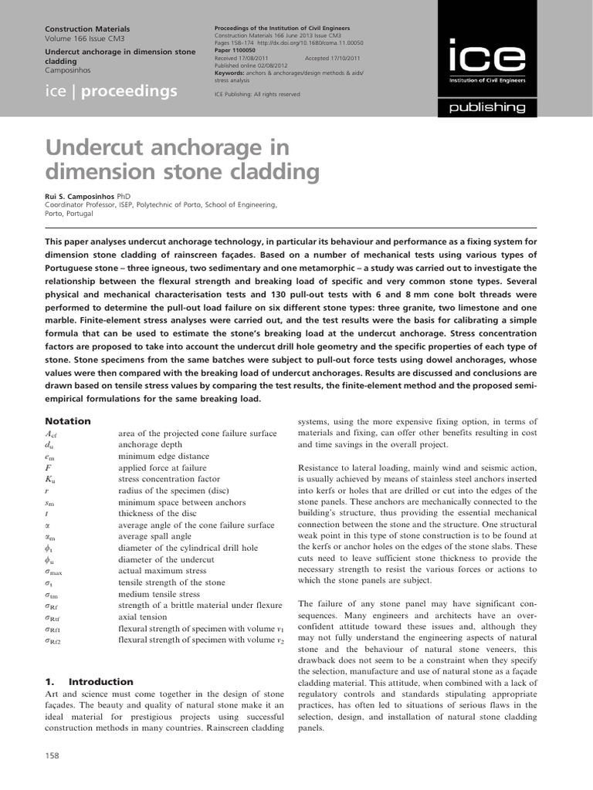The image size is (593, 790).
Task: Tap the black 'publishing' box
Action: pyautogui.click(x=487, y=107)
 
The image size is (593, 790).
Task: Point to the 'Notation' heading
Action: pyautogui.click(x=68, y=421)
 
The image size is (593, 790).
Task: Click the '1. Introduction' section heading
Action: pyautogui.click(x=89, y=682)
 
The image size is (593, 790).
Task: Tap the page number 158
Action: pyautogui.click(x=53, y=755)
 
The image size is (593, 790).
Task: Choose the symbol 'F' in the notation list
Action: pyautogui.click(x=48, y=468)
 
